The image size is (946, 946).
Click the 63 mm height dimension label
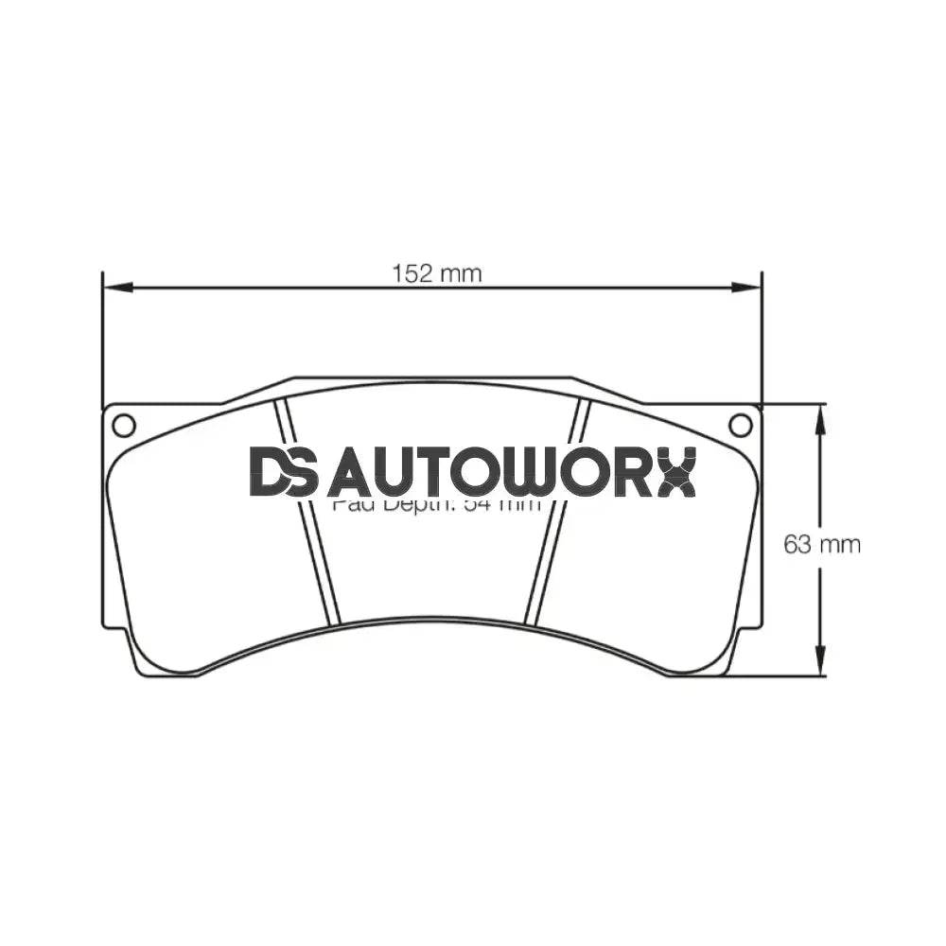(x=821, y=544)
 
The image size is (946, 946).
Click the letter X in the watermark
(x=675, y=472)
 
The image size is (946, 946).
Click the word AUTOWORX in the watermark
(x=511, y=472)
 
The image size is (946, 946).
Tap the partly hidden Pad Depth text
(x=435, y=504)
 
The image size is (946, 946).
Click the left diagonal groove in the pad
(x=307, y=511)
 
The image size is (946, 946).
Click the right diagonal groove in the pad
(x=558, y=511)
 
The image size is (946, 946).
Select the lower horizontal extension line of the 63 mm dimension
(x=776, y=675)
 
